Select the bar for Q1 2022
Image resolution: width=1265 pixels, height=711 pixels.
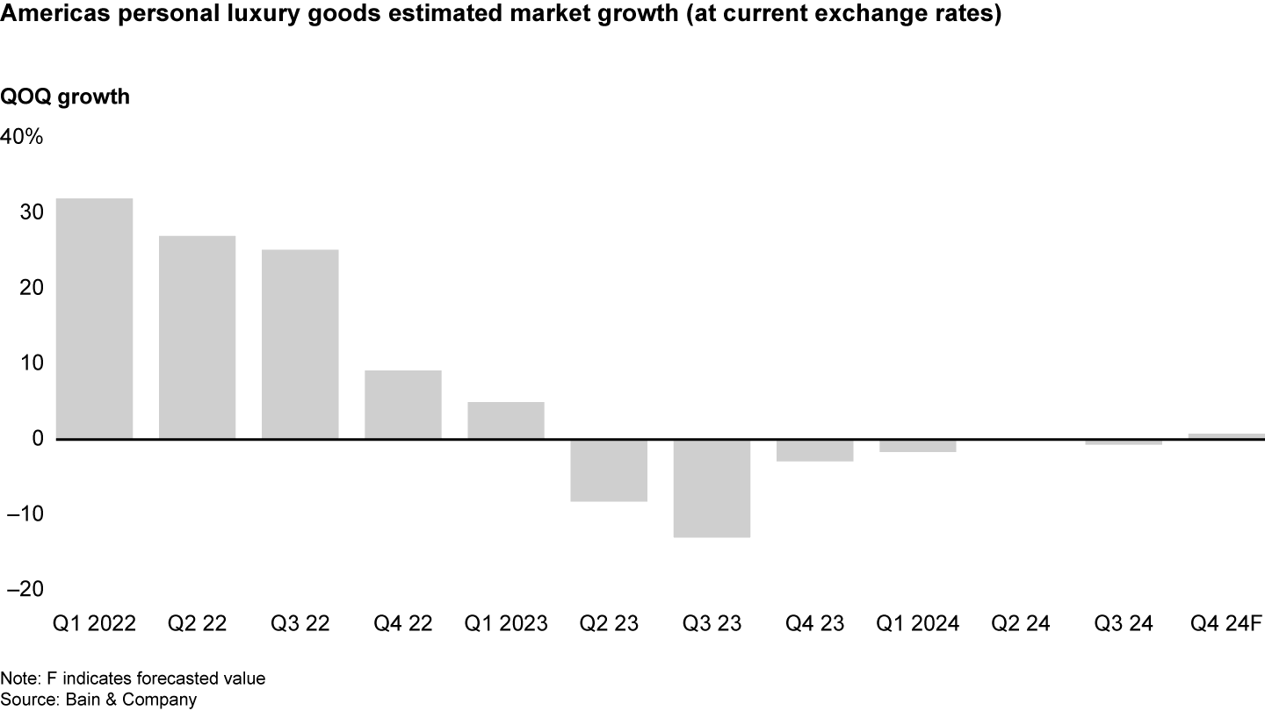pos(94,318)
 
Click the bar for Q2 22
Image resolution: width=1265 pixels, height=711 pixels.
pos(197,337)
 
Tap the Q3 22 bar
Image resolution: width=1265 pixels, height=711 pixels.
pos(300,344)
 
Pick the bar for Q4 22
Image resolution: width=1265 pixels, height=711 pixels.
pos(402,405)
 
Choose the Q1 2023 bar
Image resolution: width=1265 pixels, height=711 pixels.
pos(505,420)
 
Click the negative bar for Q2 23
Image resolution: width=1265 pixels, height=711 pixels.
pos(609,470)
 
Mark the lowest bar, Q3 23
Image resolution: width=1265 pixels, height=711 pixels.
pos(712,488)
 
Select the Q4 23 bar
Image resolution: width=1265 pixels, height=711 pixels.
pos(814,450)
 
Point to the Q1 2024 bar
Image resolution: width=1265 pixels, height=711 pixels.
pos(917,446)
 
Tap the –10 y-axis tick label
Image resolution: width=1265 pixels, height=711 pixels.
pos(23,513)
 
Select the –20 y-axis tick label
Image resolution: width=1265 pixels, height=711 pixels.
pos(23,589)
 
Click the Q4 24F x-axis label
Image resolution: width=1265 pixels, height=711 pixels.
pos(1226,624)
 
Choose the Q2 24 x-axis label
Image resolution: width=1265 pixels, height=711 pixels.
pos(1021,624)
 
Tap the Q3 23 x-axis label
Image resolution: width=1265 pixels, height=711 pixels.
pos(712,624)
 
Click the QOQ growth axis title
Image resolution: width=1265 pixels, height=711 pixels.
pos(65,97)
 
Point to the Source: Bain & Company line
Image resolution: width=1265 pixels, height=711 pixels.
pos(98,700)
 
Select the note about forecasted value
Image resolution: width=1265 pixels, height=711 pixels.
pos(133,679)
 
